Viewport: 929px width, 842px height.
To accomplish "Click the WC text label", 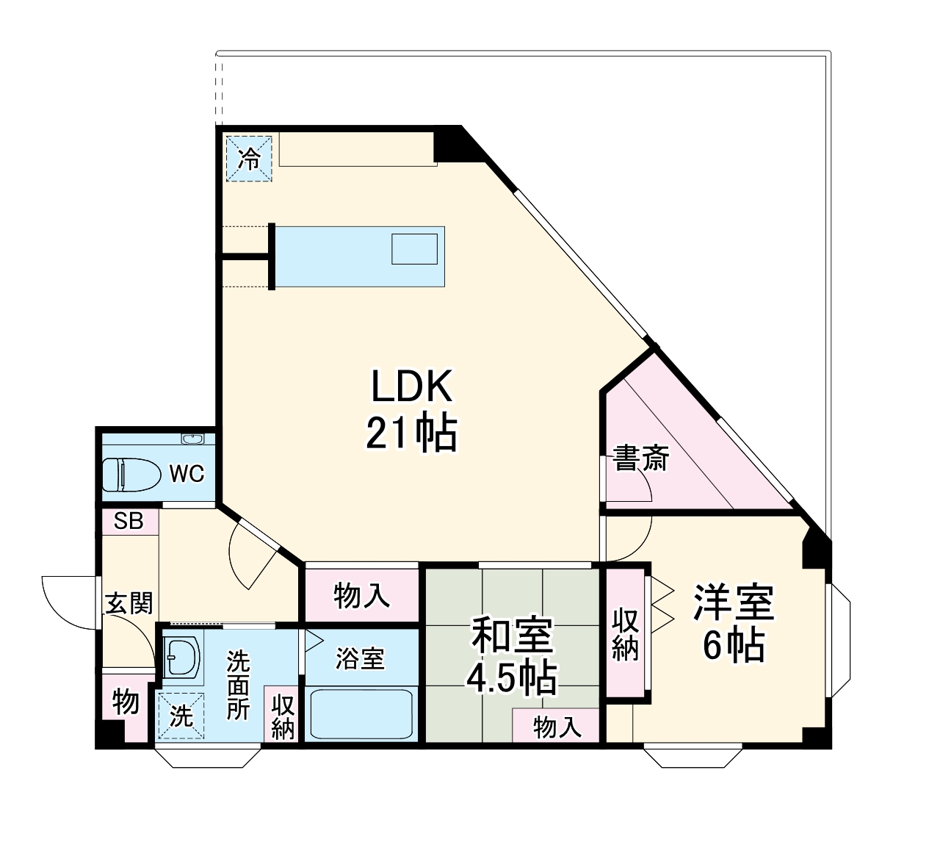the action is pyautogui.click(x=187, y=474).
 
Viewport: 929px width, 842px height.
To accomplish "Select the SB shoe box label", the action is pyautogui.click(x=129, y=522).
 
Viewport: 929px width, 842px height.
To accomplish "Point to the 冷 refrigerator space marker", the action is pyautogui.click(x=249, y=159).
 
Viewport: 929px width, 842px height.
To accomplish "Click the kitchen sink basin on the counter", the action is pyautogui.click(x=414, y=249).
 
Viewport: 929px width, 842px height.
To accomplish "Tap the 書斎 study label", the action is pyautogui.click(x=640, y=459).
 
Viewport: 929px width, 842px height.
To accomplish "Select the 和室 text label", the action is pyautogui.click(x=512, y=635).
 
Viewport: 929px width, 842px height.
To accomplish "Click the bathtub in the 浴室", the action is pyautogui.click(x=361, y=715).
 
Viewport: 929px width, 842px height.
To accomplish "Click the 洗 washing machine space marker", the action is pyautogui.click(x=181, y=716).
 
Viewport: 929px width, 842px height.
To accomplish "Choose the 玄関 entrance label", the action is pyautogui.click(x=129, y=603).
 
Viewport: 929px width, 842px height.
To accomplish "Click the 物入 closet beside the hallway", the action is pyautogui.click(x=361, y=596).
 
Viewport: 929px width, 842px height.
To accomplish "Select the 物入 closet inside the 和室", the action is pyautogui.click(x=556, y=726).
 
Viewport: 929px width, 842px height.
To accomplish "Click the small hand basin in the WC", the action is pyautogui.click(x=192, y=439).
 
